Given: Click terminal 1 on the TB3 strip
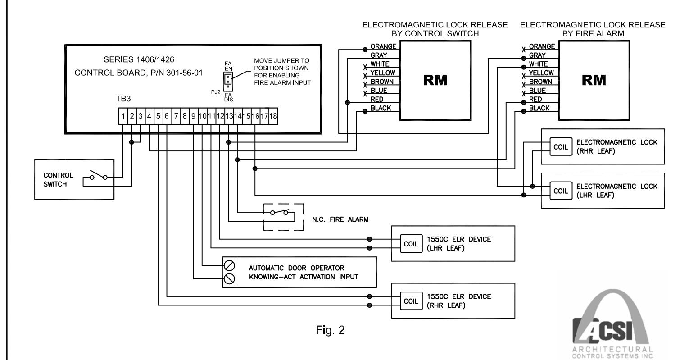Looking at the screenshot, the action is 123,116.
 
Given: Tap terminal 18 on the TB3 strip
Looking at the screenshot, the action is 273,116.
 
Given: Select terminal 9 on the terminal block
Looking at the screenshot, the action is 193,116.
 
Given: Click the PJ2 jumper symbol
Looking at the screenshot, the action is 228,82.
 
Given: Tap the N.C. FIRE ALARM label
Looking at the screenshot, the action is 340,219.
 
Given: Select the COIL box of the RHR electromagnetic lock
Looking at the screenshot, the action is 561,147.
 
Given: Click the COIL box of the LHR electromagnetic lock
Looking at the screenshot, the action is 561,191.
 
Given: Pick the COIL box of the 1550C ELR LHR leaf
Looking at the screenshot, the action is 411,243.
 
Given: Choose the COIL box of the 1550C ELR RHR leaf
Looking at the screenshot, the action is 411,301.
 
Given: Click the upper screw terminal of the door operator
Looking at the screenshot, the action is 229,265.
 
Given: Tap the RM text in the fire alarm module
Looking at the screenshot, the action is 594,80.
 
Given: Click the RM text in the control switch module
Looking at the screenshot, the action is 435,80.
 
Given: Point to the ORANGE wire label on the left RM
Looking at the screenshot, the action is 383,46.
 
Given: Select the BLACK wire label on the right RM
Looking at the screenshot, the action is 539,108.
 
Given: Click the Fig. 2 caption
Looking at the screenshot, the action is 330,330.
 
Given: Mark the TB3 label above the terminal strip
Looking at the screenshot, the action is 123,99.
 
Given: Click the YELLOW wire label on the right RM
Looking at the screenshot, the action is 541,73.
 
